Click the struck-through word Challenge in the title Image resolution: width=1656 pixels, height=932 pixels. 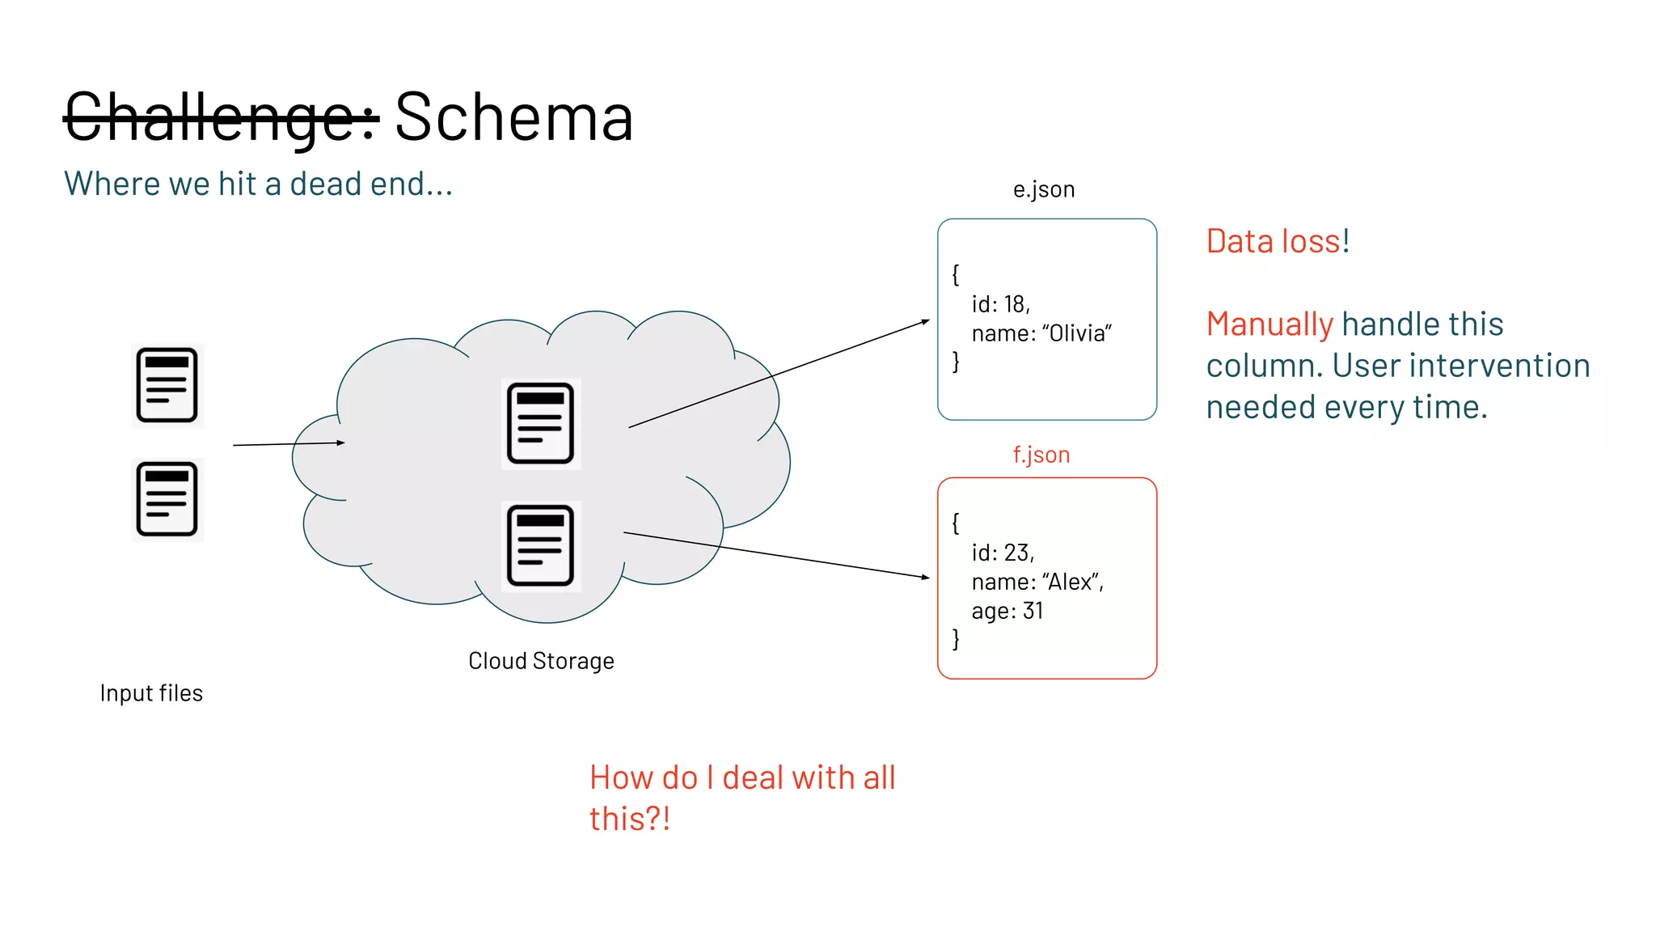[x=220, y=118]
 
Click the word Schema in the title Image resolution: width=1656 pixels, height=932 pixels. [x=513, y=118]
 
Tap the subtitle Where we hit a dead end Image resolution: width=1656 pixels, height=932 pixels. [x=258, y=184]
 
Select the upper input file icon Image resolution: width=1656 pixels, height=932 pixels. [x=167, y=385]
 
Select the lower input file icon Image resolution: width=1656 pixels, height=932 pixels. [x=167, y=499]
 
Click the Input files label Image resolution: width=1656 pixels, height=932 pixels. [x=151, y=693]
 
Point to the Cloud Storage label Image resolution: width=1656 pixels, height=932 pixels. [x=541, y=661]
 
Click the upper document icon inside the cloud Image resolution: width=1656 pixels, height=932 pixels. [x=540, y=423]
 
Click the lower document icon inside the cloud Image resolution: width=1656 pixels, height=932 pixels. [x=540, y=546]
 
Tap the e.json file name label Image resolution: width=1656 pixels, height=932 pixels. [x=1043, y=189]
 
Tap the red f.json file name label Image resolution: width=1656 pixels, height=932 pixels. [x=1041, y=455]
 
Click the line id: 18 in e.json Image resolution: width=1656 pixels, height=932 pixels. [x=1000, y=304]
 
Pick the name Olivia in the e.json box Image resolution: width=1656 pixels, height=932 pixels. [x=1075, y=333]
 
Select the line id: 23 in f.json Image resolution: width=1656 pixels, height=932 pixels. [x=1003, y=553]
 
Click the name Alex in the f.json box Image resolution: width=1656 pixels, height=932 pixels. [x=1070, y=582]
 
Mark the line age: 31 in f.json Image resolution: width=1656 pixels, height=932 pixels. [x=1007, y=611]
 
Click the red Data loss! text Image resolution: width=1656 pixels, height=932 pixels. [x=1277, y=241]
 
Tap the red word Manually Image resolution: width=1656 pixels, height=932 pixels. [x=1269, y=324]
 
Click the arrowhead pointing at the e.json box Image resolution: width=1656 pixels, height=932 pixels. [x=926, y=321]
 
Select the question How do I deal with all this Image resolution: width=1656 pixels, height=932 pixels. [x=741, y=798]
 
